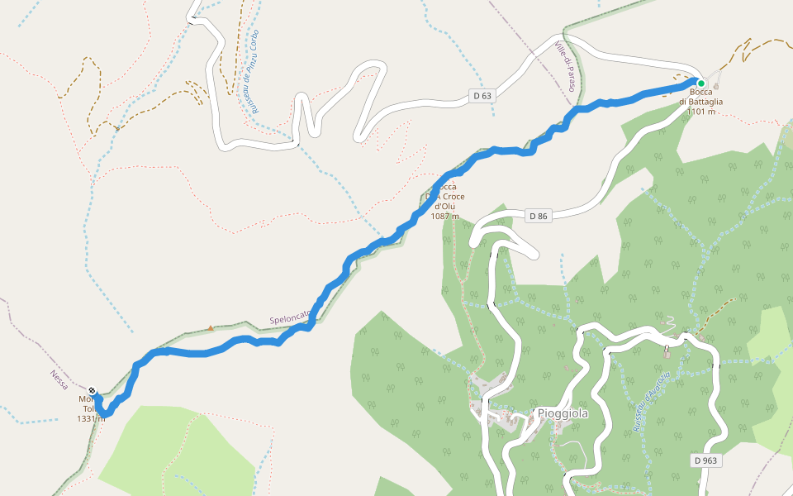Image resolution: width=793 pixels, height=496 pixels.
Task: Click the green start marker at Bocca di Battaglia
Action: click(700, 83)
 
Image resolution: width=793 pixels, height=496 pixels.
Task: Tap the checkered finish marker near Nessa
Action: click(92, 390)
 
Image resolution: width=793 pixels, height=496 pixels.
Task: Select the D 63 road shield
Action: click(482, 96)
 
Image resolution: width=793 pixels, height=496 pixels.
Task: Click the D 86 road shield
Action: click(537, 216)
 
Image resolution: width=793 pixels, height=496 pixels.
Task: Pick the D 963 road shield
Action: click(705, 460)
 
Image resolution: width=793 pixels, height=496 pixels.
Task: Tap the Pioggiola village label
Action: click(562, 413)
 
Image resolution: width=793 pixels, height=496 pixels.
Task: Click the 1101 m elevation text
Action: click(700, 112)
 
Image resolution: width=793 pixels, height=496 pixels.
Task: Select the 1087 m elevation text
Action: click(444, 217)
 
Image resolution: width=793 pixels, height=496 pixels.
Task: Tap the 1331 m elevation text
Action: click(91, 418)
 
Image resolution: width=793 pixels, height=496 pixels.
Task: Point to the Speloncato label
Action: click(290, 317)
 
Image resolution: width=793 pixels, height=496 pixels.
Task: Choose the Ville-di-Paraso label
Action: click(566, 66)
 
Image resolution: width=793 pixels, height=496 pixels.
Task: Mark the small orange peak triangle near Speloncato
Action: click(211, 327)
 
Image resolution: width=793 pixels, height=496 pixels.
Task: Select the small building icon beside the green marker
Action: click(716, 85)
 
